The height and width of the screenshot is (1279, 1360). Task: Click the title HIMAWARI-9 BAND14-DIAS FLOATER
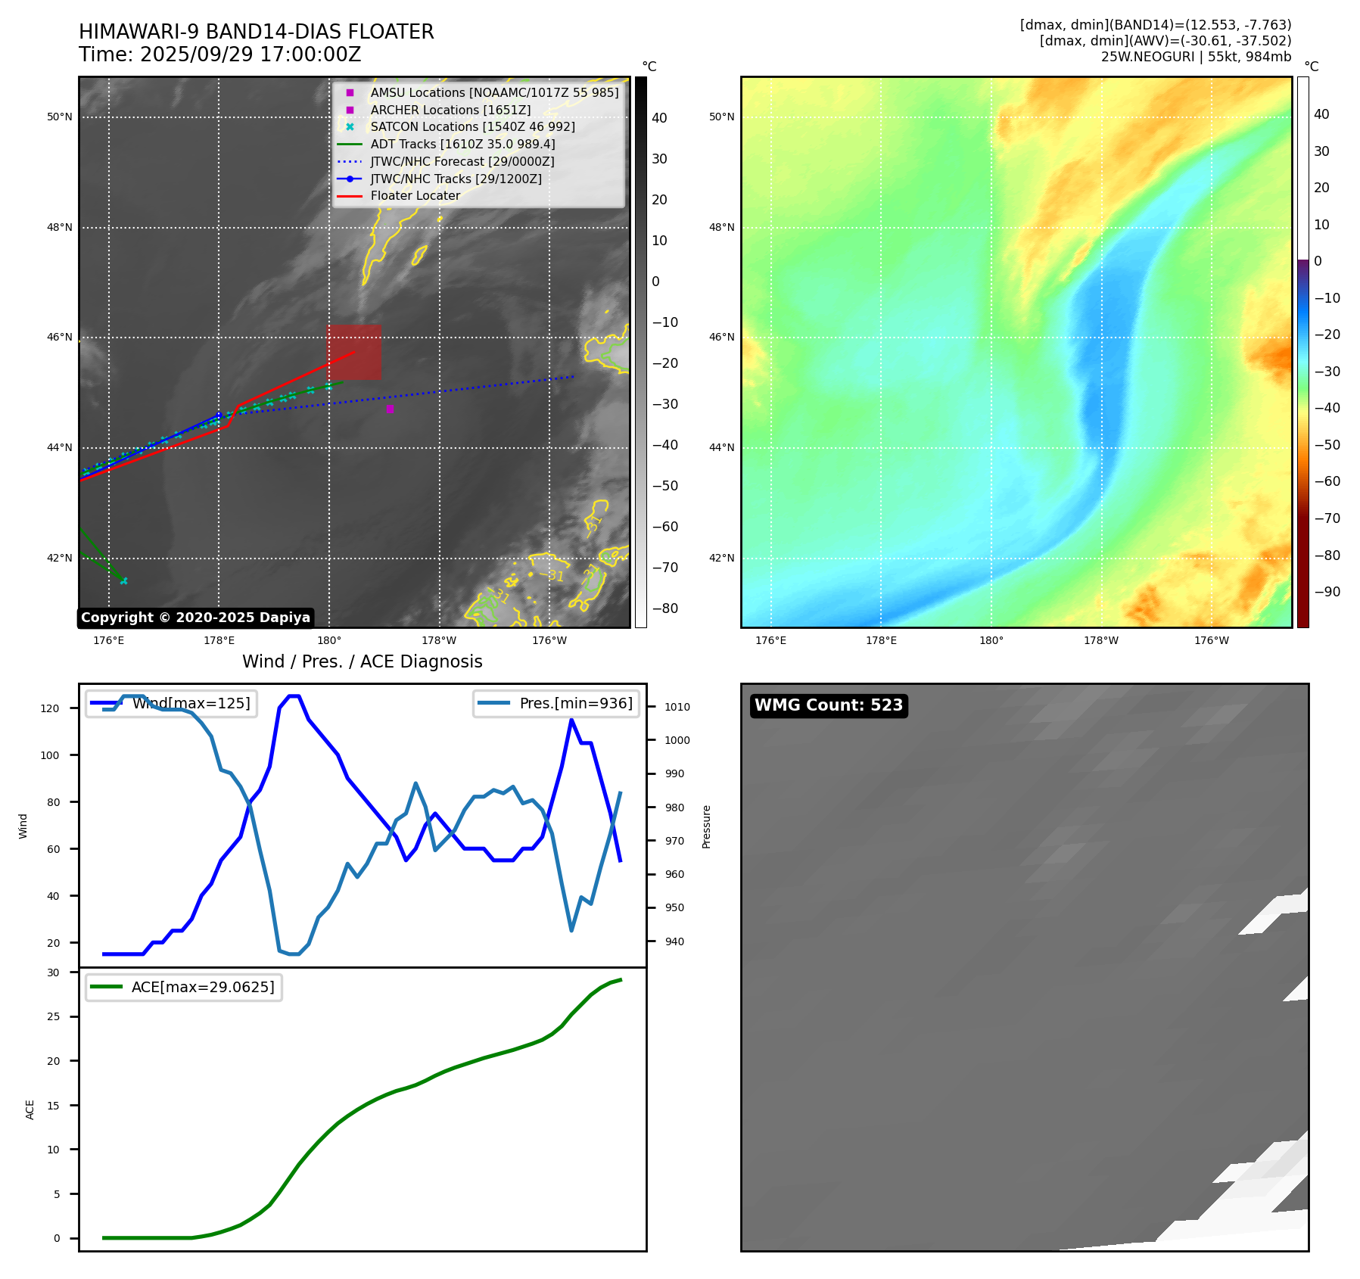[256, 32]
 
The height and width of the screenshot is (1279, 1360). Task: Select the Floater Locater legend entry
[415, 196]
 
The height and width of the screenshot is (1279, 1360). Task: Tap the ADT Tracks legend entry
[462, 144]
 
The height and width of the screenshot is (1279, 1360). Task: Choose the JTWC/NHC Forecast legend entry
[462, 161]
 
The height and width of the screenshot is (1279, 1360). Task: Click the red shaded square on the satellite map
[354, 352]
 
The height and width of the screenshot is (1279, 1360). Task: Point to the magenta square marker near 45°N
[390, 409]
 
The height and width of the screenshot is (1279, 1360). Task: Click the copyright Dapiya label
[195, 618]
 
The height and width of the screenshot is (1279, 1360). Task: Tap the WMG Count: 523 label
[828, 705]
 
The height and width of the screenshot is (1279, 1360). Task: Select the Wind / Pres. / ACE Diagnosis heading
[362, 661]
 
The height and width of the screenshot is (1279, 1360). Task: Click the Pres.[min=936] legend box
[556, 703]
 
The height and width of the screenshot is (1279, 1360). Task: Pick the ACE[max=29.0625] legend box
[184, 987]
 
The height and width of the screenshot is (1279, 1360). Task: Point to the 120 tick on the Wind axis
[50, 708]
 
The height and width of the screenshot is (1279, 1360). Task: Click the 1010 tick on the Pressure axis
[677, 707]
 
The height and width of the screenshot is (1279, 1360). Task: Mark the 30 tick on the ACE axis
[53, 972]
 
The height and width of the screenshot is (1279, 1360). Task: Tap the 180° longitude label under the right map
[991, 640]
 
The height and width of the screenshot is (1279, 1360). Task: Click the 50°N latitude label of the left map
[60, 117]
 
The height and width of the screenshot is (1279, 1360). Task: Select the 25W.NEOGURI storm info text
[1196, 57]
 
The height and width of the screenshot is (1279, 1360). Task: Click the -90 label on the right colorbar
[1327, 592]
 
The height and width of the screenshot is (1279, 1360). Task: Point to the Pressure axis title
[706, 826]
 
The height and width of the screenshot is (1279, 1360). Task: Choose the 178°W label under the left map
[439, 640]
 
